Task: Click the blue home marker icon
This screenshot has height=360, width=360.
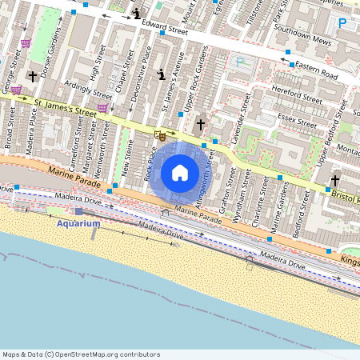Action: pos(180,172)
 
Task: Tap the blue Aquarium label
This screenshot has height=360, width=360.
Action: pos(78,223)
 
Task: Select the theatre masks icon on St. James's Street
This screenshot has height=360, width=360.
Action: pos(160,137)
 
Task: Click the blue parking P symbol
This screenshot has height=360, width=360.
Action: pos(343,24)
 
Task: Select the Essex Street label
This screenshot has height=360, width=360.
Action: pos(298,120)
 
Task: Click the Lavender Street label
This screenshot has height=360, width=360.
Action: pos(238,119)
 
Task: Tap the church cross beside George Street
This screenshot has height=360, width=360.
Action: pos(33,76)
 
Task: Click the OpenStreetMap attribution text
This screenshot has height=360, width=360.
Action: pos(80,354)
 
